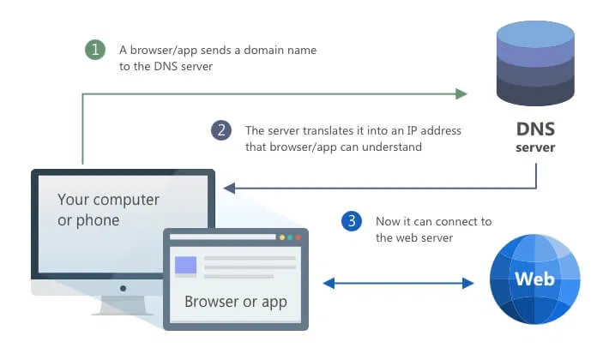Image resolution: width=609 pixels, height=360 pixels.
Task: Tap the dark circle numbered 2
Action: (221, 130)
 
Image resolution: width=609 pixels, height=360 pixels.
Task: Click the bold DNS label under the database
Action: (535, 130)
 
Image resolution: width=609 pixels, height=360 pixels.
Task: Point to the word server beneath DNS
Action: (535, 147)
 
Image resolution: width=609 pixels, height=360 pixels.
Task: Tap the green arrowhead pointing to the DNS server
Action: (461, 93)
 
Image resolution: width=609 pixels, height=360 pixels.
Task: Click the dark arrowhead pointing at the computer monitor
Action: (228, 188)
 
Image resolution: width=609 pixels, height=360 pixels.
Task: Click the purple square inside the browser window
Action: (185, 266)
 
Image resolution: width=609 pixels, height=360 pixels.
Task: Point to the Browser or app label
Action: (236, 302)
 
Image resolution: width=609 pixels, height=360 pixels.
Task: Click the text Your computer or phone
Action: (108, 209)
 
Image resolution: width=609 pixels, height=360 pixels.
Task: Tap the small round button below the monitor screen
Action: (123, 289)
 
